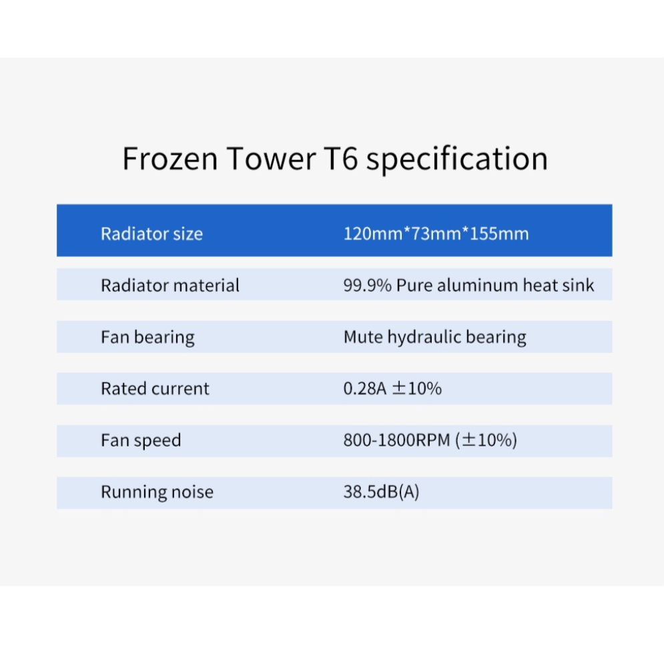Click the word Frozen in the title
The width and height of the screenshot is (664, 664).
click(170, 158)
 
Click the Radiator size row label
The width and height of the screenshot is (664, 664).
click(151, 234)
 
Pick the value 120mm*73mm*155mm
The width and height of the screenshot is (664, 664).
click(436, 234)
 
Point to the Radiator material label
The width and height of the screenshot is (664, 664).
click(170, 286)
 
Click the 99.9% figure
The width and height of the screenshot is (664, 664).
click(367, 286)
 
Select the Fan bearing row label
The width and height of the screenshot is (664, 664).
click(147, 338)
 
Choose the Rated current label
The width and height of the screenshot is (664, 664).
click(155, 389)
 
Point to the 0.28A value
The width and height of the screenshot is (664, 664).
click(364, 389)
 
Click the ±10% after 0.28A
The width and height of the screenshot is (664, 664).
click(416, 388)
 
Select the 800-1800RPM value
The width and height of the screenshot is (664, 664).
click(396, 440)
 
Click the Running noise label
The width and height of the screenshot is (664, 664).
click(157, 492)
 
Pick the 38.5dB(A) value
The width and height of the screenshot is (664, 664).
click(381, 492)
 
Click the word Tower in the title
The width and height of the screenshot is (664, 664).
click(271, 158)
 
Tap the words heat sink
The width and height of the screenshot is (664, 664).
click(559, 286)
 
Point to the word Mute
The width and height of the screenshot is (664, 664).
click(363, 337)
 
